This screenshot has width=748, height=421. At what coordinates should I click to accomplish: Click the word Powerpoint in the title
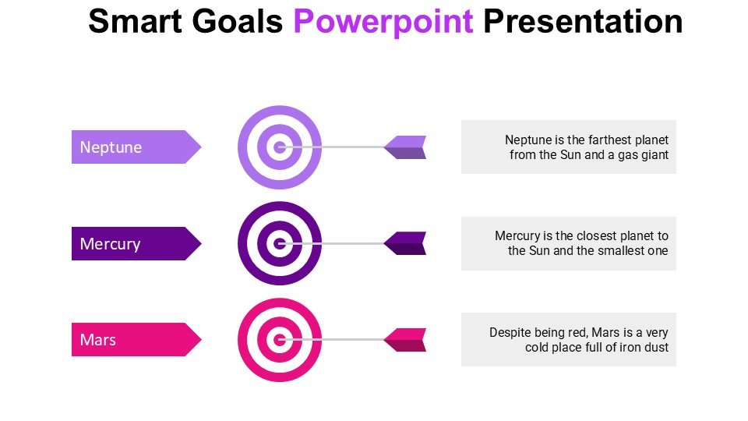pyautogui.click(x=383, y=23)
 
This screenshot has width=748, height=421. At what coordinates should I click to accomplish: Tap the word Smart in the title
pyautogui.click(x=135, y=22)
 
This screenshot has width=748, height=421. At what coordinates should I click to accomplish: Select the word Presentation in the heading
pyautogui.click(x=583, y=22)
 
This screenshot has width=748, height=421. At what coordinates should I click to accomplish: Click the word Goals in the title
pyautogui.click(x=238, y=22)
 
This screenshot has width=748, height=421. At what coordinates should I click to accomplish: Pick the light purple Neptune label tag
pyautogui.click(x=136, y=147)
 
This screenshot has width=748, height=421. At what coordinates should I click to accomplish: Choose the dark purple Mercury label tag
pyautogui.click(x=136, y=243)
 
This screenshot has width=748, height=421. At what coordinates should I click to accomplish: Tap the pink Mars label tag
pyautogui.click(x=136, y=339)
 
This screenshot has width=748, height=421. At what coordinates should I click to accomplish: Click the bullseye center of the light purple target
pyautogui.click(x=280, y=147)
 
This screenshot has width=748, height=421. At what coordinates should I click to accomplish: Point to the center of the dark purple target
pyautogui.click(x=280, y=243)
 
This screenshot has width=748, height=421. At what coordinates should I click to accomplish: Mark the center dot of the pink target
pyautogui.click(x=280, y=340)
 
